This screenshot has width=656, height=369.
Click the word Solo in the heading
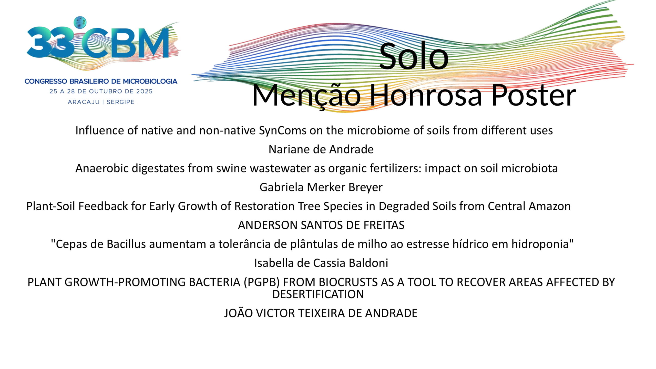(414, 56)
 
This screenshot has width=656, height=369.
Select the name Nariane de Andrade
(321, 149)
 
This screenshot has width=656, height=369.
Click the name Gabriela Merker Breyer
(321, 187)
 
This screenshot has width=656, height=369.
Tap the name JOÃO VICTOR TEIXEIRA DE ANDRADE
(321, 313)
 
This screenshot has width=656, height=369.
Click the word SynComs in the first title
(283, 131)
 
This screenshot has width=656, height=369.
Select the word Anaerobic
(102, 168)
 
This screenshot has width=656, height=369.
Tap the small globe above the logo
(80, 22)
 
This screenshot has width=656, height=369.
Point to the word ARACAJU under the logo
(84, 102)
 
